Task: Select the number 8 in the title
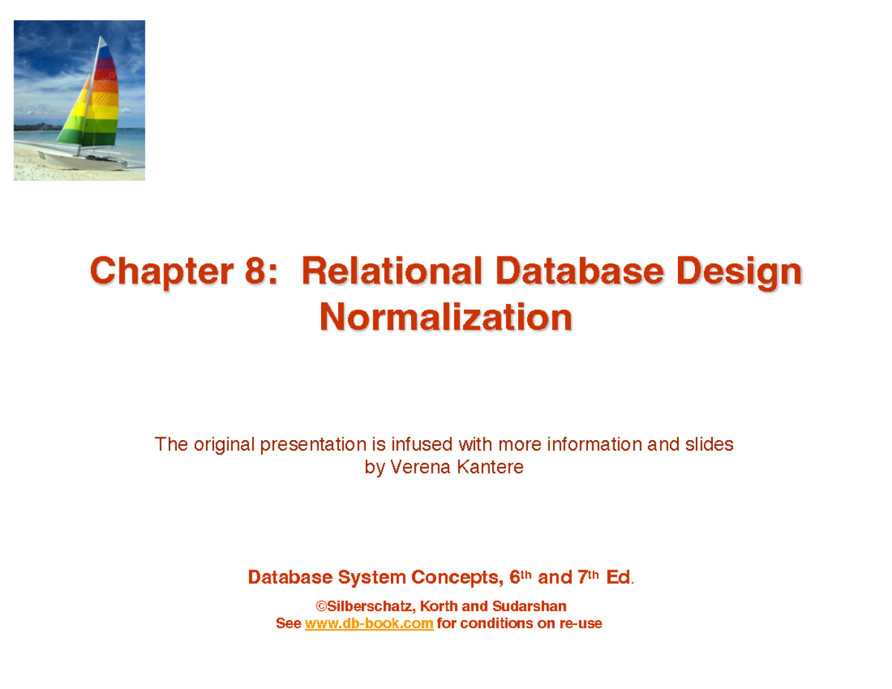253,271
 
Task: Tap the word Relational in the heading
392,271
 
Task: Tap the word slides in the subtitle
708,444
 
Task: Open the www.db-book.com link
369,624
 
